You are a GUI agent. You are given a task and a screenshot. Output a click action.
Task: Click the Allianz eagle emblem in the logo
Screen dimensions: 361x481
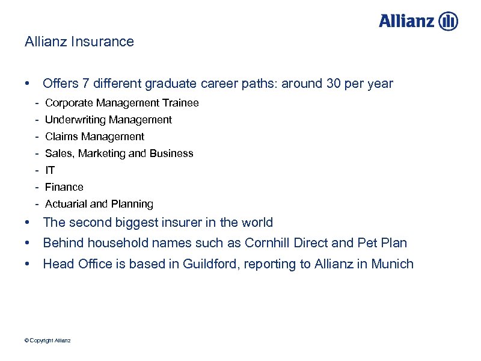[449, 22]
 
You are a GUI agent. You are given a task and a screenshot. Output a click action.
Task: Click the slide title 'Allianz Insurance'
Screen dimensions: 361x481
[79, 42]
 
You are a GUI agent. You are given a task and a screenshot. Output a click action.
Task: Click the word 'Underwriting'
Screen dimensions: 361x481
[74, 120]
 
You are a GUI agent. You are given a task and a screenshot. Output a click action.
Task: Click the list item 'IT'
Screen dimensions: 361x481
[50, 170]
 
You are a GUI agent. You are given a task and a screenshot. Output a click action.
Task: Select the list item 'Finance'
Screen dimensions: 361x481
[64, 187]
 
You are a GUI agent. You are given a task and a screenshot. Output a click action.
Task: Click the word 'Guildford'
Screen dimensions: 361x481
[209, 264]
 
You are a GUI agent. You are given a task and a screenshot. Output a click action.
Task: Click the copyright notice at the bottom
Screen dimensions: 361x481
[47, 341]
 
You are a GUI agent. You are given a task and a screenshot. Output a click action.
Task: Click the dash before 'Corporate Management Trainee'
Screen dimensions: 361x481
[37, 103]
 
